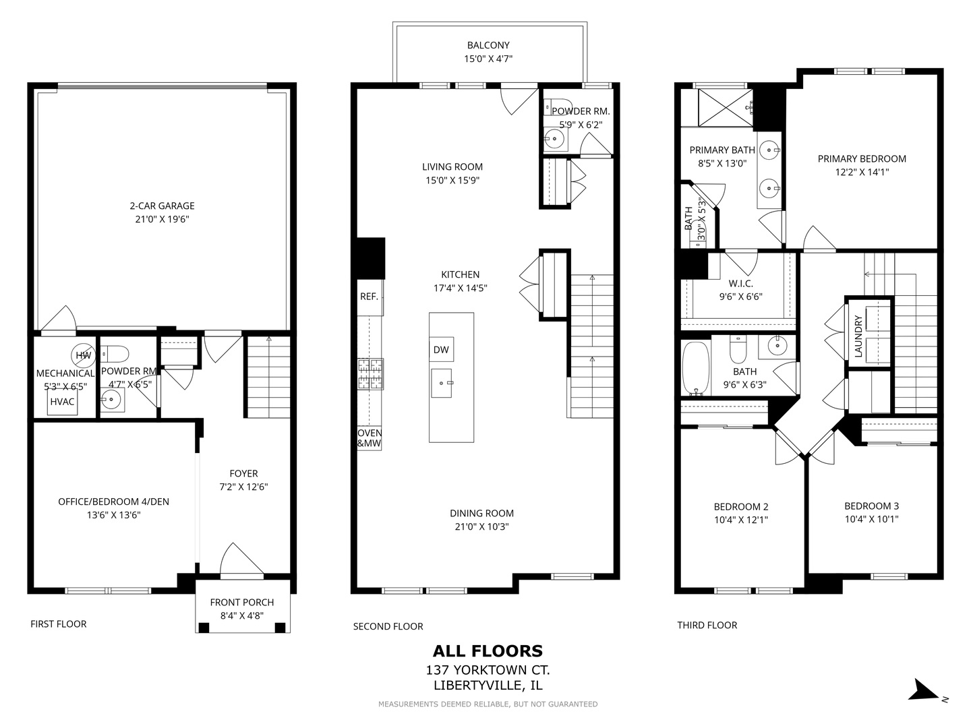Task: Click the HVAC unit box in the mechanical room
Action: (x=63, y=401)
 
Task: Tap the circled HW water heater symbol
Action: (x=83, y=355)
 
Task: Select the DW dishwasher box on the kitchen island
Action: (x=441, y=349)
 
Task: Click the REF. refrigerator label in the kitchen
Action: (x=369, y=297)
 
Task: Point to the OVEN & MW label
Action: (x=370, y=437)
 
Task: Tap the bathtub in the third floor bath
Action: (x=696, y=368)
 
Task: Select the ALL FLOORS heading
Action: (x=488, y=650)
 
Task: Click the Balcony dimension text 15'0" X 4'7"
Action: (x=488, y=59)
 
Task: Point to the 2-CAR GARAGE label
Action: (x=162, y=206)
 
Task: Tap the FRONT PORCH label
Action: (x=242, y=602)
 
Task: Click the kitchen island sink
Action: (x=442, y=384)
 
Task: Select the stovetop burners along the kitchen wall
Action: (x=370, y=374)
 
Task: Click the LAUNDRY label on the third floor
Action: (x=858, y=336)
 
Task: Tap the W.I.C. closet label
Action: (x=741, y=283)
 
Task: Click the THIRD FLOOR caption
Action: (x=707, y=625)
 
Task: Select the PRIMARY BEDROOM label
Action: (x=862, y=158)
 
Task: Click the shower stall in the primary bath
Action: (x=725, y=107)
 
